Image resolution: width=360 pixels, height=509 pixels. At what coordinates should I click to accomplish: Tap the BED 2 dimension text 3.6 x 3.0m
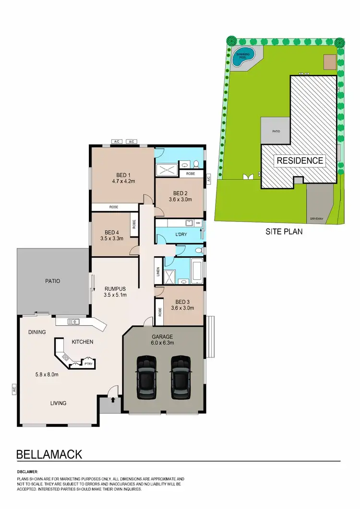tap(180, 199)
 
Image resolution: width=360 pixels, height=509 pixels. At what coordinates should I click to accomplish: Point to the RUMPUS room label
tap(115, 288)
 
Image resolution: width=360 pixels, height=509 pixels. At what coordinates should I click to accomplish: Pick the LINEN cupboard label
tap(157, 272)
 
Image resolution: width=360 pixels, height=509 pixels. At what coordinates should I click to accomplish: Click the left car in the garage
tap(146, 378)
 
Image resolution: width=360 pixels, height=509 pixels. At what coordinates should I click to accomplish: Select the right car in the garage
tap(180, 378)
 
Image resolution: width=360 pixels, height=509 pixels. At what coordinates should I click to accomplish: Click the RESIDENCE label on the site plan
tap(299, 160)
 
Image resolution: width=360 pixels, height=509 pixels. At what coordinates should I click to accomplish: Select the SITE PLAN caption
tap(284, 231)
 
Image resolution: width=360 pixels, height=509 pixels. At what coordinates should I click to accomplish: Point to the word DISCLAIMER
tap(27, 472)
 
